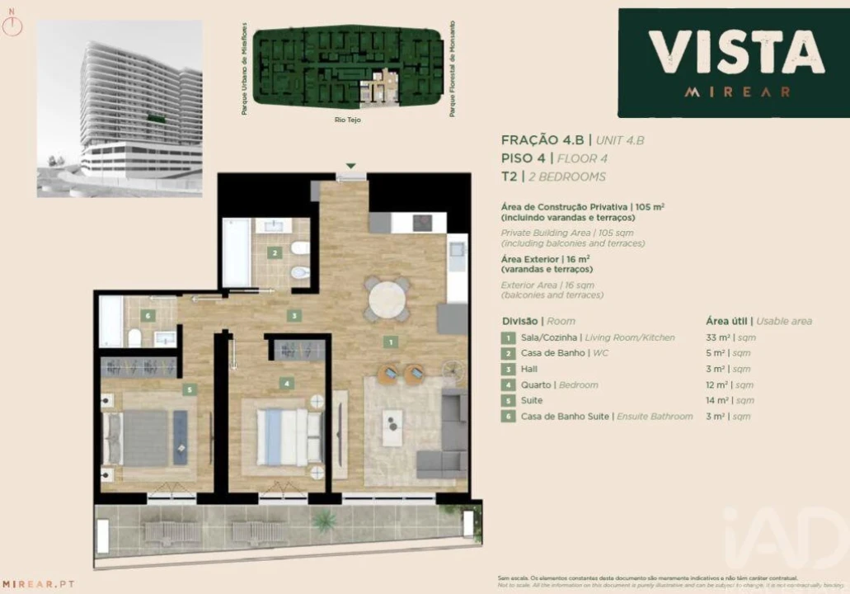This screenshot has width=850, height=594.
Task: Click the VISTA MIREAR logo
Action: (x=733, y=63)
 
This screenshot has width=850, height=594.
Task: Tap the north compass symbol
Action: (x=14, y=25)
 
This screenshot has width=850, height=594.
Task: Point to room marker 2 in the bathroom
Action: (x=275, y=253)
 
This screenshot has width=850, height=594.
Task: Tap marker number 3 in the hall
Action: (x=294, y=315)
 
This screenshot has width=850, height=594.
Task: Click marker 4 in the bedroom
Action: (x=286, y=383)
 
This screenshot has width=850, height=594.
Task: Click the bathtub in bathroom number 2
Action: (x=236, y=252)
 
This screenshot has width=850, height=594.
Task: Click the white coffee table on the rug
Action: (x=393, y=427)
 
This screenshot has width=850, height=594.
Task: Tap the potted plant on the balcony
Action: (x=324, y=521)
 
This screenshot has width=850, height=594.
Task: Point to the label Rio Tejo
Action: (x=349, y=120)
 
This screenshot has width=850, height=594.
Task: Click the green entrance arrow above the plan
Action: (x=351, y=166)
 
